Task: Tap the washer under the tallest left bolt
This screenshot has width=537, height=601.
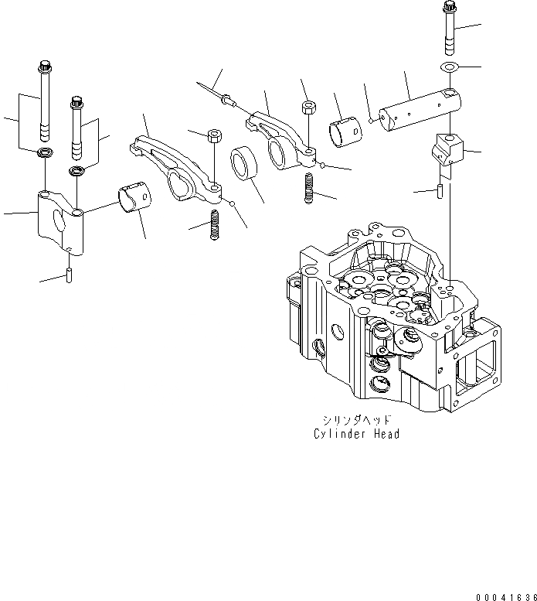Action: pos(45,150)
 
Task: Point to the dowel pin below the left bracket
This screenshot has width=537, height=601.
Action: pos(69,272)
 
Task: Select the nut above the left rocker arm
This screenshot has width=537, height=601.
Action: pos(214,136)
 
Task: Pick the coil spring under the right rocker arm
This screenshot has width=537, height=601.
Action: pos(310,188)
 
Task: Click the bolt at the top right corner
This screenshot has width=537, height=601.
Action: pos(450,27)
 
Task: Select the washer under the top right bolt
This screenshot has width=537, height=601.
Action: pos(449,67)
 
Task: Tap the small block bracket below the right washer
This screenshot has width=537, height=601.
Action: pos(449,150)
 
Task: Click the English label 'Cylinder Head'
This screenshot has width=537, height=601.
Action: pos(357,433)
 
